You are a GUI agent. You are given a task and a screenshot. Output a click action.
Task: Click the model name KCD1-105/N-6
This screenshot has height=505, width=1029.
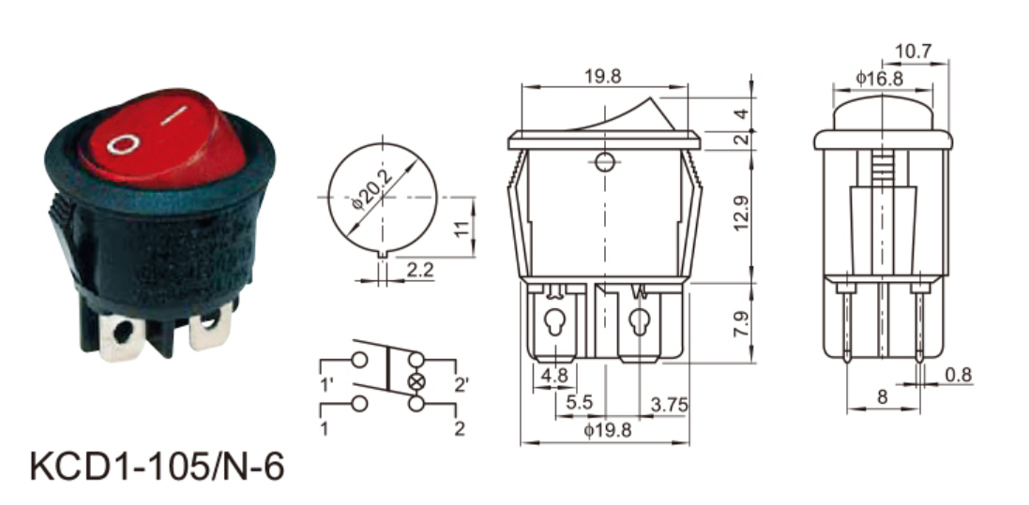coord(158,467)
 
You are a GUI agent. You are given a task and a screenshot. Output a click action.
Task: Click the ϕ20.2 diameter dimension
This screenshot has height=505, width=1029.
coord(372,189)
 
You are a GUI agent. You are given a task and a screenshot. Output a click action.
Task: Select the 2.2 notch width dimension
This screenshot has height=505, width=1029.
coord(420,269)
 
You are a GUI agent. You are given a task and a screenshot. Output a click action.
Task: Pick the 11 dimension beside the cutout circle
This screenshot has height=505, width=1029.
coord(462,227)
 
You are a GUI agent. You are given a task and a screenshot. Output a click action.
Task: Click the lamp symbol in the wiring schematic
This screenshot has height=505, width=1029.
coord(416,381)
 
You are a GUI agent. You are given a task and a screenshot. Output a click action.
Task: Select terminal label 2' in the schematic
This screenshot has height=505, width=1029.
coord(462,386)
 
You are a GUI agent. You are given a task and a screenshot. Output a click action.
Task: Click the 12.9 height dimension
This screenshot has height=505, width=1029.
coord(741,214)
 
